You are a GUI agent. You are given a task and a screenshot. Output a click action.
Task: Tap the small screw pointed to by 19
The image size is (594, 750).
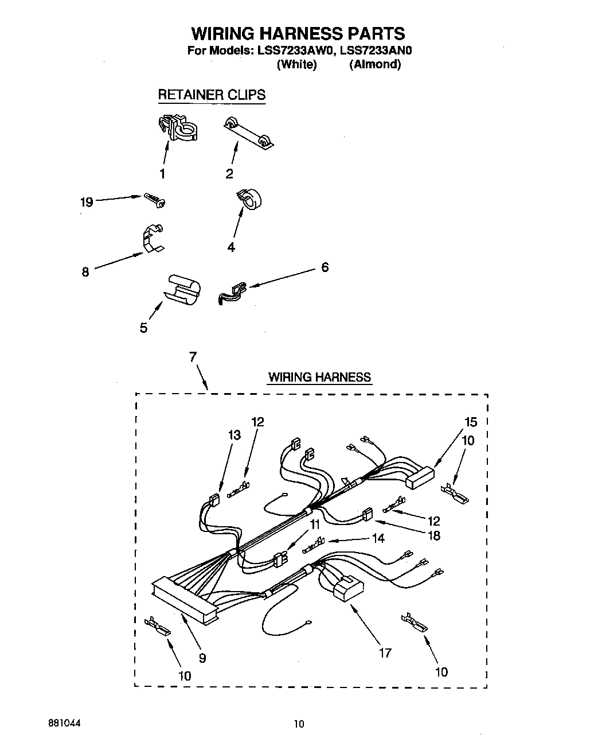point(155,200)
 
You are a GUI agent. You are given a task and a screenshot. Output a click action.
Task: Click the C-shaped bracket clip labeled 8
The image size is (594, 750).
point(151,238)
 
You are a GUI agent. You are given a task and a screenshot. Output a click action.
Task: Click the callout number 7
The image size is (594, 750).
point(193,357)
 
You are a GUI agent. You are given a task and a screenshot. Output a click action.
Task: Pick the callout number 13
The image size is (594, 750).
point(234,436)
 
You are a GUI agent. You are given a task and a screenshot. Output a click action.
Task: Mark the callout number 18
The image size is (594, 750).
point(434,535)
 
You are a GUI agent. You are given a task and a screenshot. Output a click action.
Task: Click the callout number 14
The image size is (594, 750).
point(378,538)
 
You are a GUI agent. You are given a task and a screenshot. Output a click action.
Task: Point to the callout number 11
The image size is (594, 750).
point(315,524)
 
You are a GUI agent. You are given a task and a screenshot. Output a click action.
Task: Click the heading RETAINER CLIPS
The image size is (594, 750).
point(212,95)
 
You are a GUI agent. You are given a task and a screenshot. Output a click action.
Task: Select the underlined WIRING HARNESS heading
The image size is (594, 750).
point(319,377)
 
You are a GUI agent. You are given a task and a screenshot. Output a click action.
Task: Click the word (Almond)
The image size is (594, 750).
point(375,64)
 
